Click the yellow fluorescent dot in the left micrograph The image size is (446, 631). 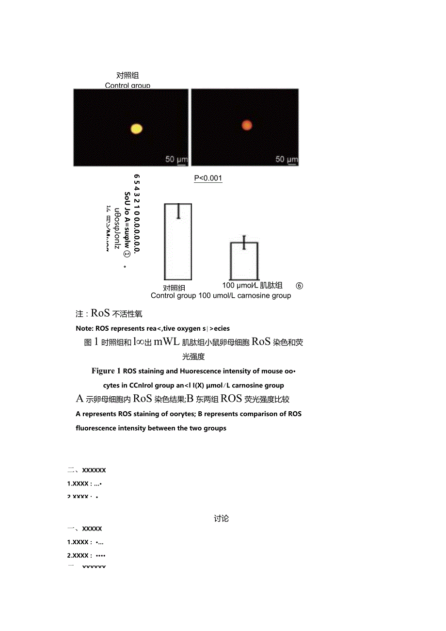[x=137, y=129]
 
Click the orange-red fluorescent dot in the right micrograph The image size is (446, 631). [x=247, y=125]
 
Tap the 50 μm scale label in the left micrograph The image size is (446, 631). [x=176, y=159]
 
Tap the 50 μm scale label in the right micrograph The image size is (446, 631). [x=287, y=159]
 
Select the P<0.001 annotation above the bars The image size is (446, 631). [x=208, y=178]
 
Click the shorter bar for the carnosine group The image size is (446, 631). [x=244, y=262]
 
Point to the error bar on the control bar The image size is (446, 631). [x=178, y=210]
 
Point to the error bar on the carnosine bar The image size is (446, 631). [x=244, y=242]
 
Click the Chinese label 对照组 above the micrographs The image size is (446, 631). [x=127, y=75]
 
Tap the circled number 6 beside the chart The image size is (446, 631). [x=299, y=286]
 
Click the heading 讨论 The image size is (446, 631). [x=221, y=518]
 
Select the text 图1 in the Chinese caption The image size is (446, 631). [x=92, y=342]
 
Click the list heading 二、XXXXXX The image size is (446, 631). [x=87, y=470]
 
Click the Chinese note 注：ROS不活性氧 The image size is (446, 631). [x=109, y=314]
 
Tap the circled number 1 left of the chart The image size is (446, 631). [x=127, y=253]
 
